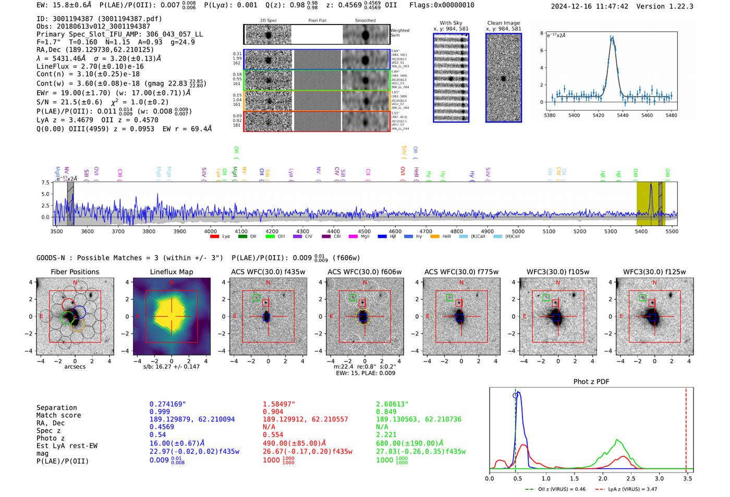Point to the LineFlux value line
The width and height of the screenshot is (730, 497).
90,67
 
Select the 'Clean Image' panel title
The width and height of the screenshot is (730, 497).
503,23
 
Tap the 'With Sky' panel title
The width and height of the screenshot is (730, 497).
451,23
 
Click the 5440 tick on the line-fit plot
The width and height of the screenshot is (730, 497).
623,115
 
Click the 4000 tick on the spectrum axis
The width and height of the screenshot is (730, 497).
210,231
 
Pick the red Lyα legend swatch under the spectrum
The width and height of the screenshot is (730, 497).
214,237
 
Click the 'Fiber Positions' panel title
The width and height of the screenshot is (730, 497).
75,272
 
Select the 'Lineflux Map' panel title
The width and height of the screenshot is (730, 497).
171,272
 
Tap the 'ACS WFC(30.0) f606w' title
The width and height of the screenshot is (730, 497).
364,272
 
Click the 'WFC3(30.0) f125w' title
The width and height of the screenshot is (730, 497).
654,272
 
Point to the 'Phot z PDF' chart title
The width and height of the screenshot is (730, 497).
591,382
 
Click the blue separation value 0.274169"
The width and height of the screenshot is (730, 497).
168,404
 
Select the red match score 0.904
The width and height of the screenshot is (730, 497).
273,411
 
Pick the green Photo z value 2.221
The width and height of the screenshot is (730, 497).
386,434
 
